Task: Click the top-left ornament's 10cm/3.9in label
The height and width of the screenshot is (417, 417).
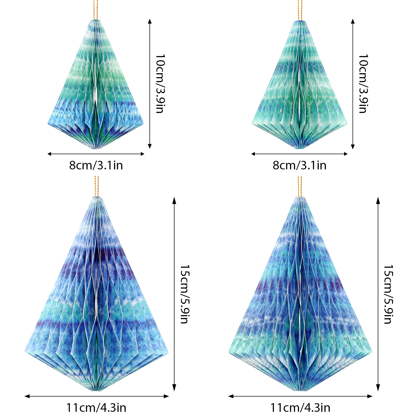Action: click(x=160, y=84)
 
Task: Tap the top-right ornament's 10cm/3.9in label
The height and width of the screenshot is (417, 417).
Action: click(x=363, y=84)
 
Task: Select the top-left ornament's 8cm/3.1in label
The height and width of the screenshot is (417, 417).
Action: click(x=96, y=165)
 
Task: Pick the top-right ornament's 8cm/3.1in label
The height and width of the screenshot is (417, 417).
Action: click(x=299, y=165)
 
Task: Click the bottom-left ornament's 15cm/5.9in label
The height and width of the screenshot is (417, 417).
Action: click(x=185, y=294)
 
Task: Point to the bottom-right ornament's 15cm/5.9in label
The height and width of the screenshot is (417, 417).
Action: click(x=388, y=294)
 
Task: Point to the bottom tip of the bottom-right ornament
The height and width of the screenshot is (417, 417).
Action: click(x=300, y=390)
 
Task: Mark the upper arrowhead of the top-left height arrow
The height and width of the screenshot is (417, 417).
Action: click(x=150, y=21)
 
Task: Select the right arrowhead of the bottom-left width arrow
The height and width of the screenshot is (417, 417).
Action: click(x=167, y=396)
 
